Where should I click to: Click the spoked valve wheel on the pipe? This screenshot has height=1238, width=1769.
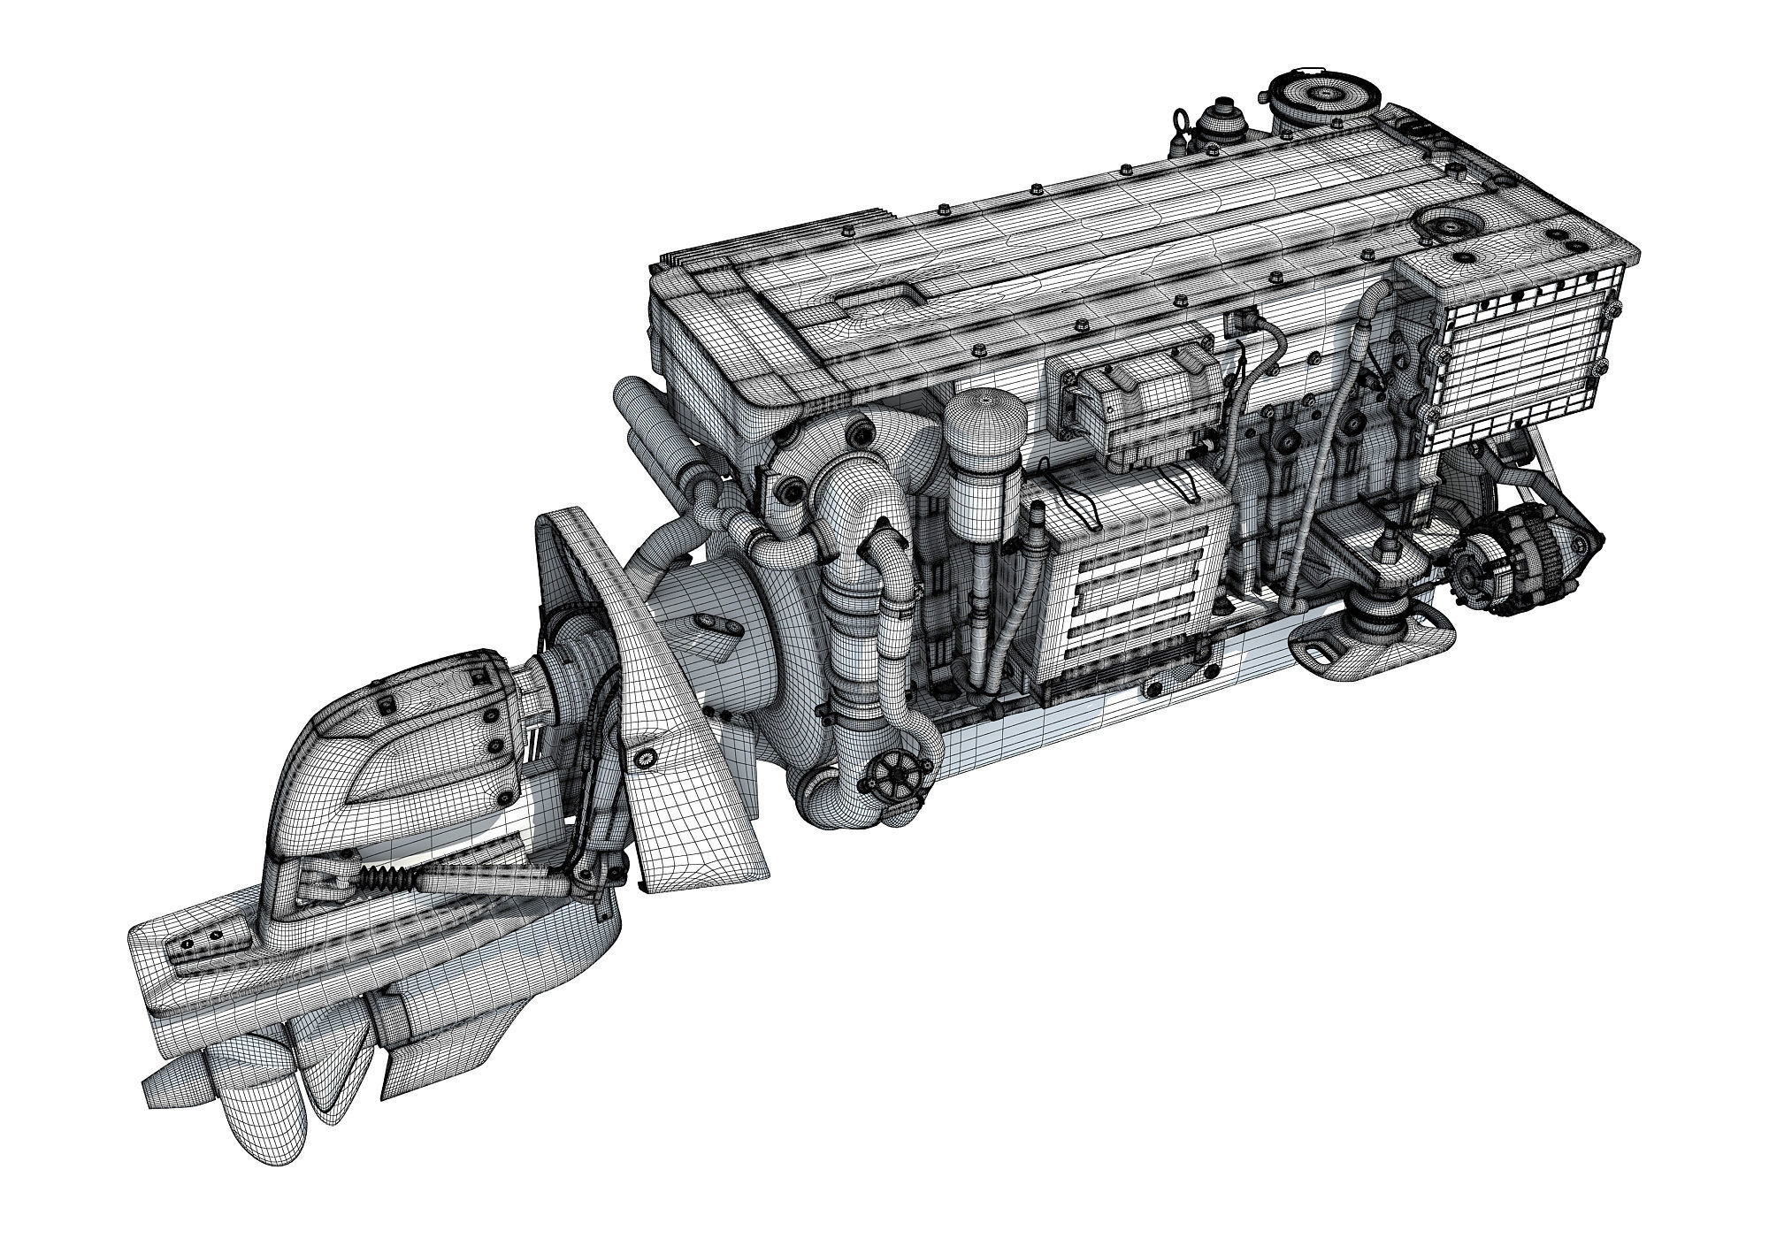[894, 779]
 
